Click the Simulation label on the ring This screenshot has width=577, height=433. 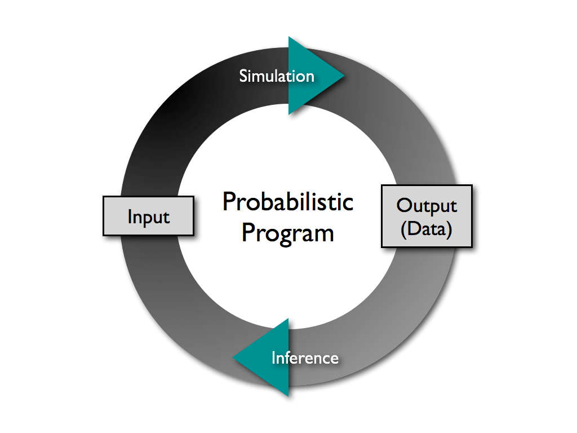[x=277, y=76]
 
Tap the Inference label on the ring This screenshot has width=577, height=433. [x=305, y=358]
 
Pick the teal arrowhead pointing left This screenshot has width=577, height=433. [x=265, y=357]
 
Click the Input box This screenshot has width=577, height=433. [x=148, y=216]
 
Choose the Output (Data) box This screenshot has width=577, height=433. [x=427, y=216]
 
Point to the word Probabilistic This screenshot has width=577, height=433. [x=288, y=202]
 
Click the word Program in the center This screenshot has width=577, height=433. [x=288, y=232]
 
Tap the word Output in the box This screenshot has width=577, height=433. [x=427, y=205]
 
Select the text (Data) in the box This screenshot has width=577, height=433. [x=427, y=230]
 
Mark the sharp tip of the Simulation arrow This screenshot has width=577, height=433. [x=343, y=76]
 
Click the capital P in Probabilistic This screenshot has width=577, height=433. [x=228, y=202]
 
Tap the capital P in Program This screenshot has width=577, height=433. [x=247, y=232]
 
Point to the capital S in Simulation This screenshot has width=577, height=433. [x=243, y=76]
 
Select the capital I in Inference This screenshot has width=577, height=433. [x=274, y=358]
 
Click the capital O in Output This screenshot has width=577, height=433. [x=404, y=205]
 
